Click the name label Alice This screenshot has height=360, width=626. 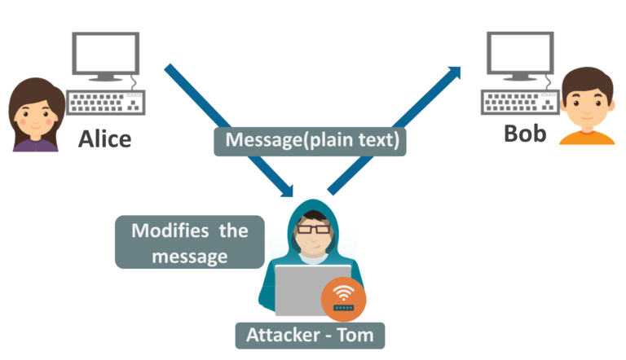point(104,138)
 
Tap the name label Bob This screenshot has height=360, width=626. point(525,133)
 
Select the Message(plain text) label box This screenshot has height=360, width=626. point(312,140)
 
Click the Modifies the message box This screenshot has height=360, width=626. point(190,242)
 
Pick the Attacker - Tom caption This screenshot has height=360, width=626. point(310,335)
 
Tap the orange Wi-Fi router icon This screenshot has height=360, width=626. point(343,298)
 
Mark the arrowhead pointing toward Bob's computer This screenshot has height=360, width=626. point(454,73)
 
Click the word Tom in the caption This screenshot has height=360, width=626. point(356,335)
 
